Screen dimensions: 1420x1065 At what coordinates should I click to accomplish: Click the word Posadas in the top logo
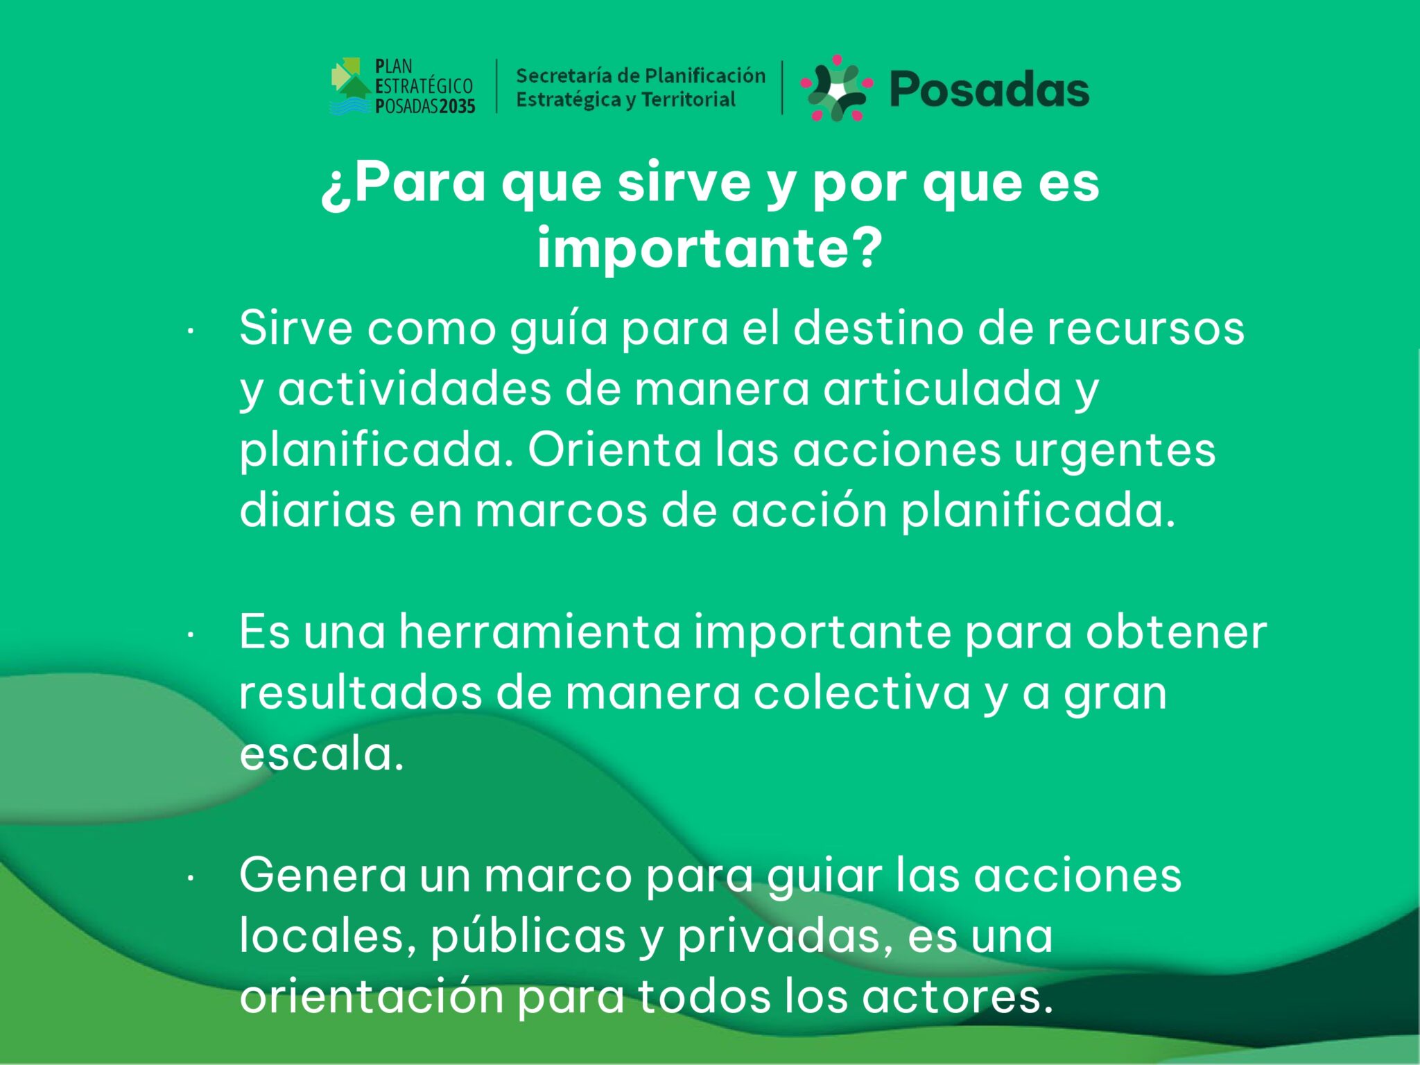(x=989, y=90)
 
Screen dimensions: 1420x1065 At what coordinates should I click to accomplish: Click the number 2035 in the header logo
(x=456, y=106)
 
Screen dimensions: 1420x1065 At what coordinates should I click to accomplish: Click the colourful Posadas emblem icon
(x=837, y=88)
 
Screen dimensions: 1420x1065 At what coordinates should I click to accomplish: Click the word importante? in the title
(x=710, y=248)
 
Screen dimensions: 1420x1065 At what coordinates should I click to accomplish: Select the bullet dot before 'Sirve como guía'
(x=190, y=331)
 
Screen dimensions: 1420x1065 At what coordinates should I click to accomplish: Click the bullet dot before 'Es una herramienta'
(x=190, y=635)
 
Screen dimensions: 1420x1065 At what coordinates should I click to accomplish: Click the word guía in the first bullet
(x=559, y=329)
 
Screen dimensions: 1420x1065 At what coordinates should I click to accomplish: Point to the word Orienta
(x=614, y=450)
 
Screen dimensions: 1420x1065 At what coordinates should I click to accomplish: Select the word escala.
(x=322, y=754)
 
